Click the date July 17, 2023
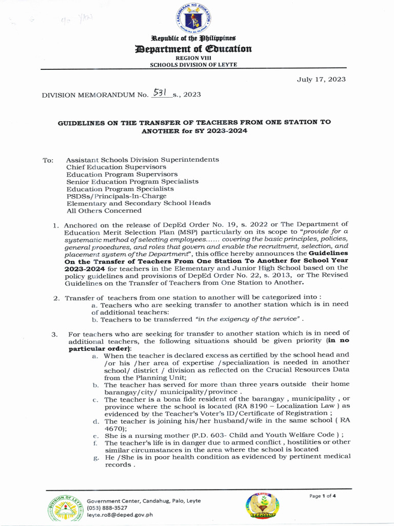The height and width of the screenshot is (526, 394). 321,79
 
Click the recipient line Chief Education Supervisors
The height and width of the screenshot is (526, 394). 116,167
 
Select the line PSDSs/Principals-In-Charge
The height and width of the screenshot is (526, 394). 116,196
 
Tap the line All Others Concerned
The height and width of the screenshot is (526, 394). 104,210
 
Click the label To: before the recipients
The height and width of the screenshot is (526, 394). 48,160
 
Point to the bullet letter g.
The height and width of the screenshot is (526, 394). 95,457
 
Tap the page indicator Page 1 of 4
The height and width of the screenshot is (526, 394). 322,496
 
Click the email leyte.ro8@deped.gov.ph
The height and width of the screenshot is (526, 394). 120,515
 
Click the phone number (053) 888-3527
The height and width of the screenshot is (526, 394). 107,508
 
